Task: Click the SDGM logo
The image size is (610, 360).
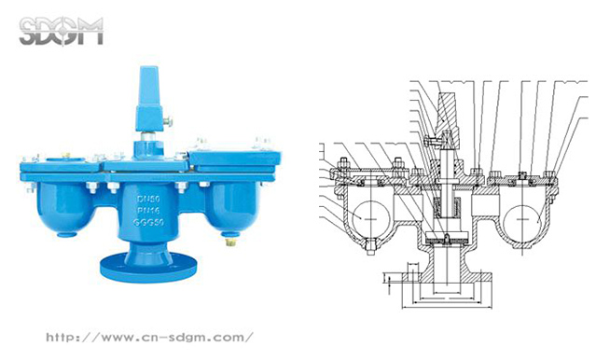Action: [61, 31]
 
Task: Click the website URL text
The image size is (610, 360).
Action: [150, 337]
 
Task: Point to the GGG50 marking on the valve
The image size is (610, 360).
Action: [148, 222]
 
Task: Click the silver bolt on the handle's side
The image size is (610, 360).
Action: [168, 121]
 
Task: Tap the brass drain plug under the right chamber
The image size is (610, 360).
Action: [231, 242]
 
